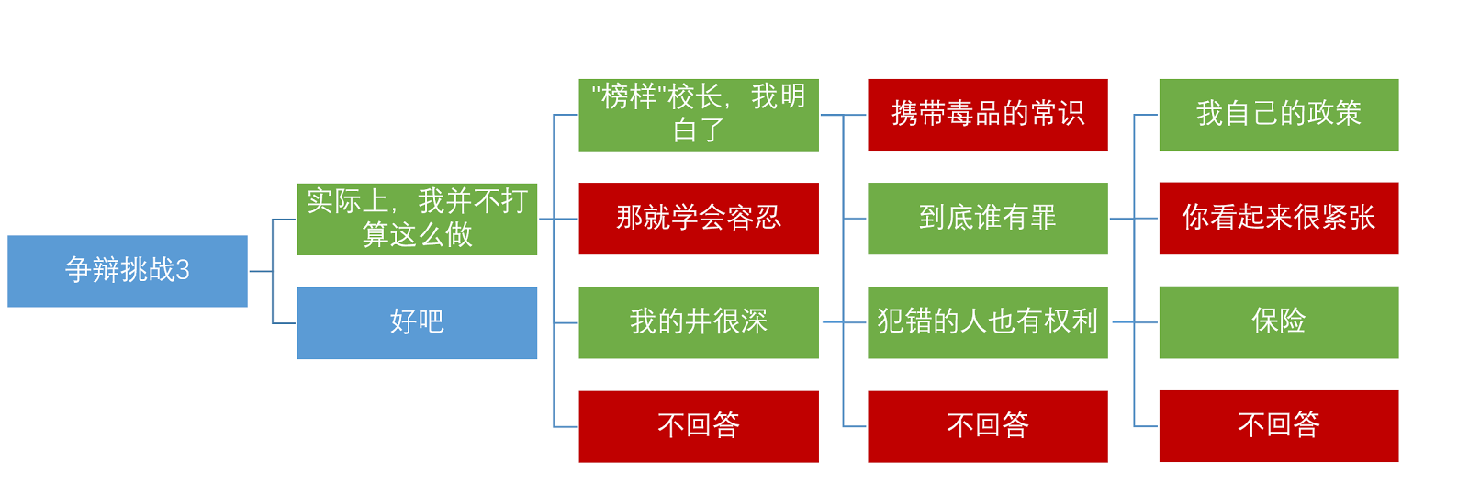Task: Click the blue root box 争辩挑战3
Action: pyautogui.click(x=128, y=271)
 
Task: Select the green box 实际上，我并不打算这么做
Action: pyautogui.click(x=417, y=220)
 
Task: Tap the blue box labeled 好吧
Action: pyautogui.click(x=417, y=322)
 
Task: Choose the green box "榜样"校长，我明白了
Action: pyautogui.click(x=699, y=115)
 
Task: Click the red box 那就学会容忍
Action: pyautogui.click(x=699, y=219)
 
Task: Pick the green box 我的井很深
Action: pyautogui.click(x=699, y=322)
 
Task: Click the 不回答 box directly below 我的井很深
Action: pyautogui.click(x=699, y=426)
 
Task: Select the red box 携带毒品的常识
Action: pyautogui.click(x=988, y=115)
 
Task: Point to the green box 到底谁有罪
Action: pyautogui.click(x=988, y=219)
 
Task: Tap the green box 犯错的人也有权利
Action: pyautogui.click(x=988, y=322)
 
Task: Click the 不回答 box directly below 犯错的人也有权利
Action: pyautogui.click(x=988, y=426)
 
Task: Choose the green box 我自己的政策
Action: pyautogui.click(x=1279, y=115)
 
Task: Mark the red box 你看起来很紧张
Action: pyautogui.click(x=1279, y=219)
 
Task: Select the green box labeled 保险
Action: pyautogui.click(x=1279, y=322)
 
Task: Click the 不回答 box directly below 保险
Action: pyautogui.click(x=1279, y=426)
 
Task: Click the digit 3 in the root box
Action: pyautogui.click(x=183, y=270)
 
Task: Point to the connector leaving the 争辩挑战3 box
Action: pyautogui.click(x=261, y=271)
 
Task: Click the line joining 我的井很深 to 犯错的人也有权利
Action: pyautogui.click(x=844, y=322)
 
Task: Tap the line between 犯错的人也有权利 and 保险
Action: pyautogui.click(x=1135, y=322)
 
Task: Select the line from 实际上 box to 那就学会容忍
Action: pyautogui.click(x=558, y=219)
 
